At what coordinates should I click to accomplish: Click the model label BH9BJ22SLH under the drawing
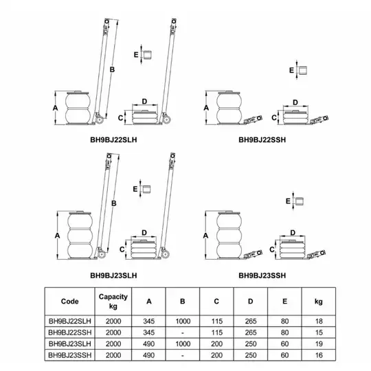pos(113,140)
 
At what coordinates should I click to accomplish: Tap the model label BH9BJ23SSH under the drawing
pos(262,276)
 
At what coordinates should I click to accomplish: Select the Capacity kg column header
pos(113,301)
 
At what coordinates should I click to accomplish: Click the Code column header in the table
pos(70,301)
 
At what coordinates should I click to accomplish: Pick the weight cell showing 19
pos(319,344)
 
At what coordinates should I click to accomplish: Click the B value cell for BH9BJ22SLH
pos(183,321)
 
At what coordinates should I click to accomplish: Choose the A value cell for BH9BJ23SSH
pos(149,355)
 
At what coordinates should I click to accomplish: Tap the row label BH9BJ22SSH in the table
pos(70,333)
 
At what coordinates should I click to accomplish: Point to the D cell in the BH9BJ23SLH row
pos(251,344)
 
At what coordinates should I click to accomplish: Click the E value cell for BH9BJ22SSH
pos(284,333)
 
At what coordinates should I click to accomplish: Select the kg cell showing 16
pos(319,355)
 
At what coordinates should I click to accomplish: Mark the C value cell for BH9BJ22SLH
pos(216,321)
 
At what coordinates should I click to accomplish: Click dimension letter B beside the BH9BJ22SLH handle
pos(112,69)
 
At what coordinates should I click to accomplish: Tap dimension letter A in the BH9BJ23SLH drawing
pos(57,236)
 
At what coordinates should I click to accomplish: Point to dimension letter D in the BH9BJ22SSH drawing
pos(295,102)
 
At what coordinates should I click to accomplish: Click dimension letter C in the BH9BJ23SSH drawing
pos(272,249)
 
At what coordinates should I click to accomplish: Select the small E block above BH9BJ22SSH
pos(302,70)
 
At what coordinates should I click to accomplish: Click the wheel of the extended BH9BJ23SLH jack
pos(102,255)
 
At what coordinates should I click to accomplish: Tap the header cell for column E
pos(284,301)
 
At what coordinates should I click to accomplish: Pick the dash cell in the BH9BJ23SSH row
pos(183,355)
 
